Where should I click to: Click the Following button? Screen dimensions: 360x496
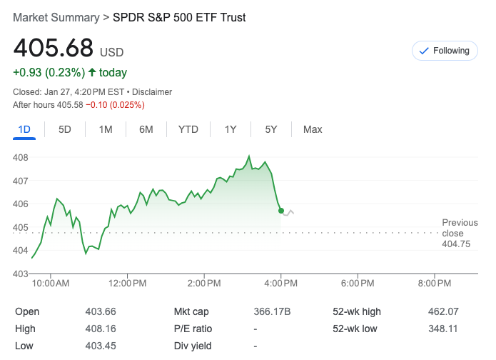click(445, 51)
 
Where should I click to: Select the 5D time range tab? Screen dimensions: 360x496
click(65, 129)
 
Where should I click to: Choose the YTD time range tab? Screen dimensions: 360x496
click(188, 129)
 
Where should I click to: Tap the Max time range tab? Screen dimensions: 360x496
click(313, 129)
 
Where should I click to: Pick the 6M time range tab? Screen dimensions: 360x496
click(146, 129)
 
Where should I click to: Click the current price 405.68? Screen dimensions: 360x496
click(54, 48)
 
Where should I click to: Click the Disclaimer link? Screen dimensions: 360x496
click(152, 92)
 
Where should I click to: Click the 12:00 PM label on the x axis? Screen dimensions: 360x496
click(128, 284)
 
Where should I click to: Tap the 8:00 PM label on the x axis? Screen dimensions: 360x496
click(435, 284)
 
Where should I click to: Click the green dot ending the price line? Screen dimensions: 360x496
click(281, 211)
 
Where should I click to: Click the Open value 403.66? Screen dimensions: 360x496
click(100, 311)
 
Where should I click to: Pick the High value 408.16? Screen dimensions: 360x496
click(100, 329)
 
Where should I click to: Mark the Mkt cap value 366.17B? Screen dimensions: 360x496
click(272, 311)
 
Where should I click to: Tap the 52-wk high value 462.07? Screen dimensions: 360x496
click(442, 311)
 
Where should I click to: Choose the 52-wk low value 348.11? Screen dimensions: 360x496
click(442, 329)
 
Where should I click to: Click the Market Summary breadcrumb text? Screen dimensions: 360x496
click(56, 17)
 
